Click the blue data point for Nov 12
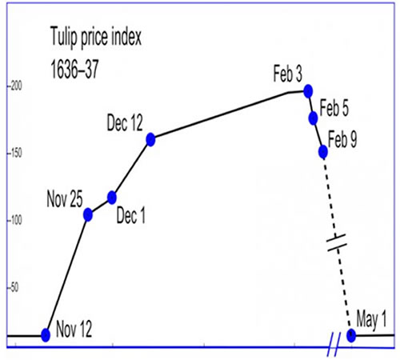46,335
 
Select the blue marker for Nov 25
88,214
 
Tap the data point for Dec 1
112,198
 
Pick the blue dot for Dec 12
150,139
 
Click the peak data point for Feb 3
308,91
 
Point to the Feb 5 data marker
314,118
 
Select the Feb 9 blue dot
323,152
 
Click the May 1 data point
351,335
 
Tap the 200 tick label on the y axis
15,86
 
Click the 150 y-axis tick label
15,154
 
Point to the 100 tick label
15,221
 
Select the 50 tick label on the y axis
14,288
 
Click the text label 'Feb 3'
288,74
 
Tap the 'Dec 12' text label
125,122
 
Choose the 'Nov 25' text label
65,198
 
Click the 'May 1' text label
371,319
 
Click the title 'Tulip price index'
96,37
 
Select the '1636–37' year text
74,69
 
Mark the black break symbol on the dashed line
337,242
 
